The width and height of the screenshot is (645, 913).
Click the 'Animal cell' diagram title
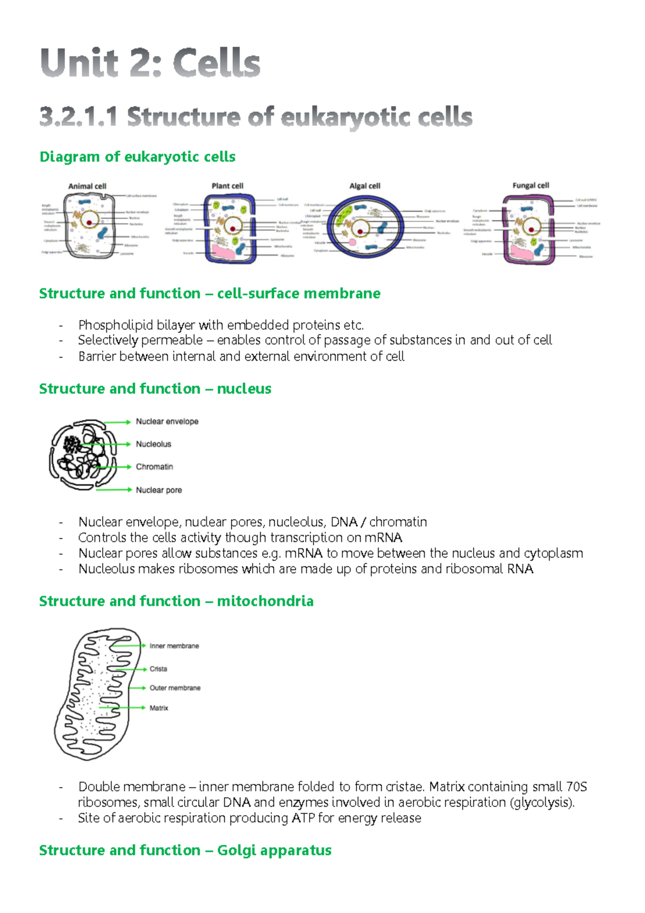[x=87, y=186]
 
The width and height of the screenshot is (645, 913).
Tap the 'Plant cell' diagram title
[x=227, y=186]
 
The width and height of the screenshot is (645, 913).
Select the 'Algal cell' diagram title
[x=364, y=186]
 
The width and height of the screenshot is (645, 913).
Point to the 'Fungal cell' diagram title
[x=531, y=186]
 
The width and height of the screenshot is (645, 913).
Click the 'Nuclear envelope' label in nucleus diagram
[x=167, y=422]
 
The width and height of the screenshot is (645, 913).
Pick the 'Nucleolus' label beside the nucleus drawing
[x=153, y=444]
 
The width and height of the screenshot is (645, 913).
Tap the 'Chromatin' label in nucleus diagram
[x=154, y=467]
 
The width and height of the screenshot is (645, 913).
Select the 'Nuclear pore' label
[x=159, y=490]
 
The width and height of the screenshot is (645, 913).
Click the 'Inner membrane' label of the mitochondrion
[x=174, y=646]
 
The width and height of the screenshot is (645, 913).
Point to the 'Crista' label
[x=158, y=669]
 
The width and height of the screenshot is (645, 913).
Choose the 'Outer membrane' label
[x=175, y=688]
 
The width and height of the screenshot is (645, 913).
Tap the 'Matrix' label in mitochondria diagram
[x=159, y=708]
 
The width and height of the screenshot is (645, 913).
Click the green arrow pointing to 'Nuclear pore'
[x=113, y=489]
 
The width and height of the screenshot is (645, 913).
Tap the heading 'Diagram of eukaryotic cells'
[x=138, y=156]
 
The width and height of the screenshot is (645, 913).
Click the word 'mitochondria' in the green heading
[x=265, y=601]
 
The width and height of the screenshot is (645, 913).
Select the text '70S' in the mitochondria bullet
[x=576, y=787]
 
